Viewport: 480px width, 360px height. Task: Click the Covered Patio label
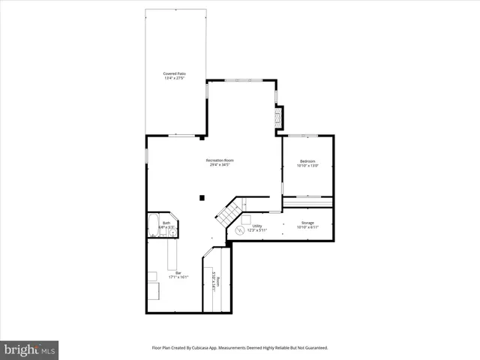point(175,73)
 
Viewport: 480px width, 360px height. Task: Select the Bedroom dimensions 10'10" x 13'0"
point(308,166)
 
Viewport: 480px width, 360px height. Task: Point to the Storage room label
point(308,223)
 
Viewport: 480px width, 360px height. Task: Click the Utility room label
point(256,226)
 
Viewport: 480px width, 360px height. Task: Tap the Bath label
point(166,223)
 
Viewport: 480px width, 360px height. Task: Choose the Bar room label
point(177,272)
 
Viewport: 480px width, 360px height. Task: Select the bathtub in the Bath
point(154,224)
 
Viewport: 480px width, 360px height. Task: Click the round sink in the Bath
point(172,233)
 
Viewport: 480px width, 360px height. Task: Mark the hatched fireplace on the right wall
point(280,117)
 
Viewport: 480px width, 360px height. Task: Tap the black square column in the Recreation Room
point(202,197)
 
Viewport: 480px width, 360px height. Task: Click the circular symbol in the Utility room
point(241,230)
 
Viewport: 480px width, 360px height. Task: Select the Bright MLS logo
point(29,349)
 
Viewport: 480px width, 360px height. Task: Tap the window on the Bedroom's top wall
point(304,136)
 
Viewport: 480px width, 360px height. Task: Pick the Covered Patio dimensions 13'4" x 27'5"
point(175,78)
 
